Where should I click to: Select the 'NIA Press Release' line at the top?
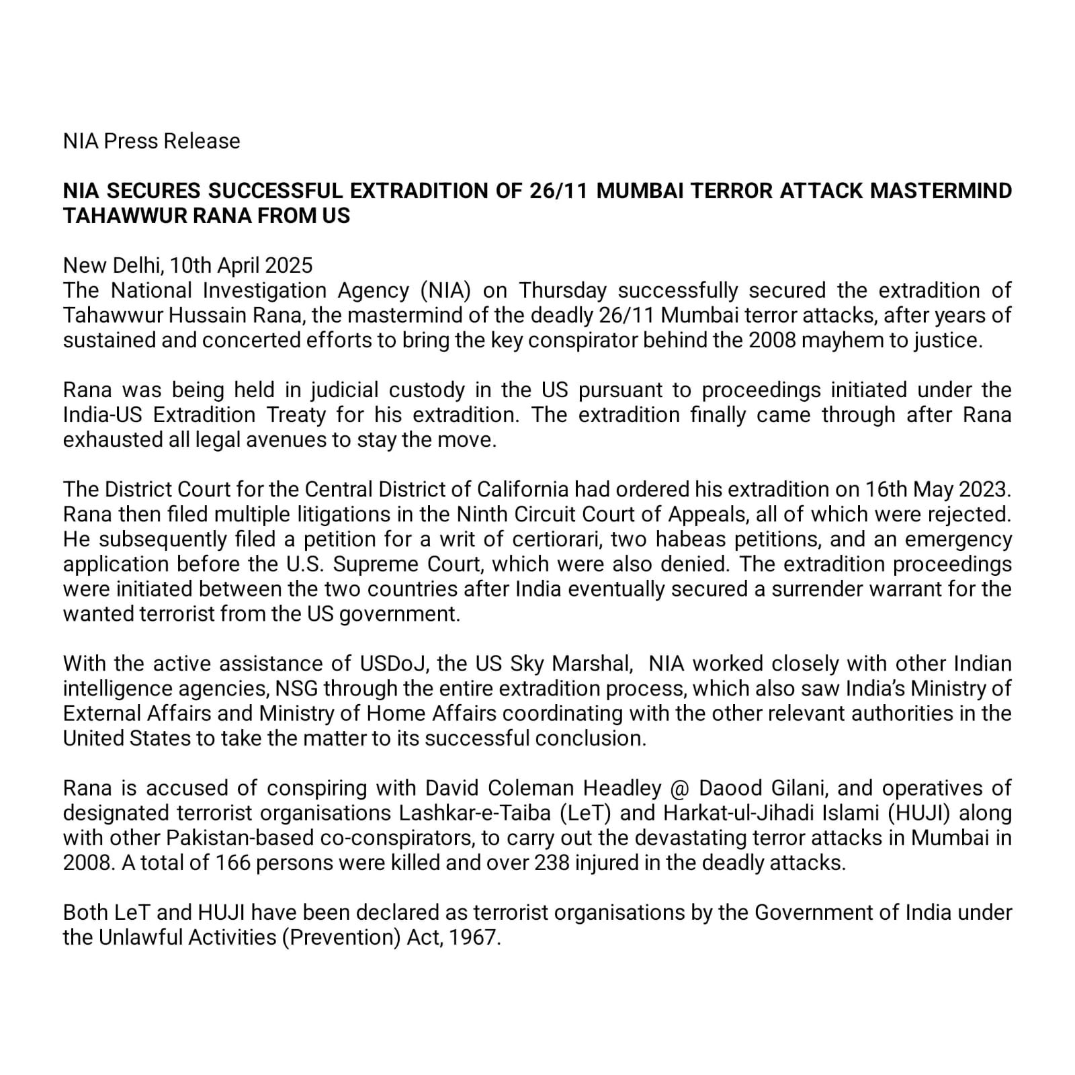(x=151, y=141)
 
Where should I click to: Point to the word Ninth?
(x=482, y=514)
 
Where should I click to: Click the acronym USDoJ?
(x=390, y=664)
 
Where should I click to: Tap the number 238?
(x=553, y=863)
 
